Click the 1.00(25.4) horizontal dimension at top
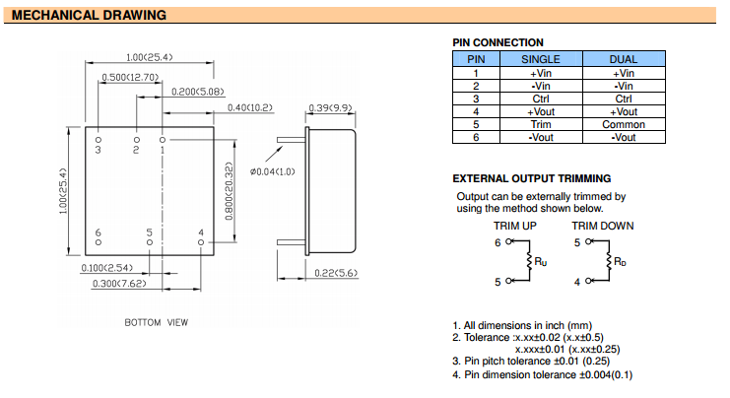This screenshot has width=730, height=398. [149, 57]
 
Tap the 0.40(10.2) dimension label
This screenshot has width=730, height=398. [250, 106]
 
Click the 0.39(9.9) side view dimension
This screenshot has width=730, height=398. [331, 106]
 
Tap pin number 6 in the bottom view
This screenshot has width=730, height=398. [99, 232]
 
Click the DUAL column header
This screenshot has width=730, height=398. [624, 59]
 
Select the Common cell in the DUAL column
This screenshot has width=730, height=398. [624, 124]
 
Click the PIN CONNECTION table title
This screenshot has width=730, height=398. [498, 42]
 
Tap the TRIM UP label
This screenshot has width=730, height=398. [513, 226]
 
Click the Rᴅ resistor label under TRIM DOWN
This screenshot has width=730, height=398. [620, 262]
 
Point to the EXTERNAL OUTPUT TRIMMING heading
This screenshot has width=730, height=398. [531, 178]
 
